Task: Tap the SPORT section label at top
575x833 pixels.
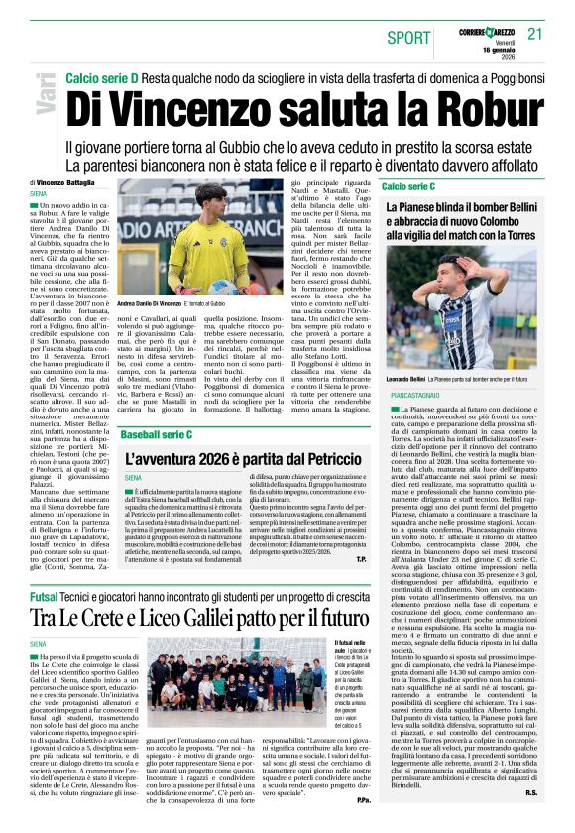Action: [409, 38]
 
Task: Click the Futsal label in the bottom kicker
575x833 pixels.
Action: [44, 597]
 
